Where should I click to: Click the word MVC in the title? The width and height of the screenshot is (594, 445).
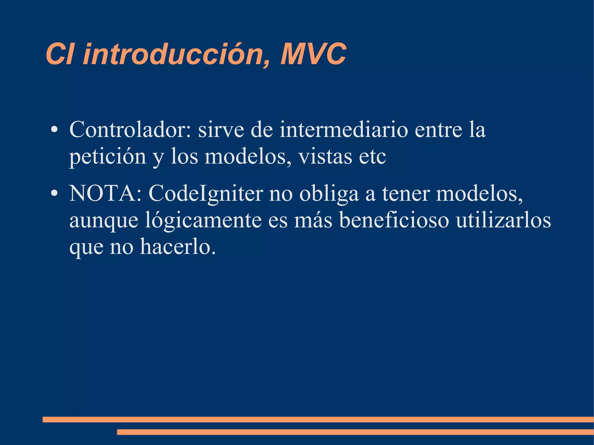313,54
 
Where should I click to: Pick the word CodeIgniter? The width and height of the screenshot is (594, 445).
206,193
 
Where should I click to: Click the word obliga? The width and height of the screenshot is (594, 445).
329,193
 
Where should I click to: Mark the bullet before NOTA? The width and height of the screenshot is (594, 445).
54,194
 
